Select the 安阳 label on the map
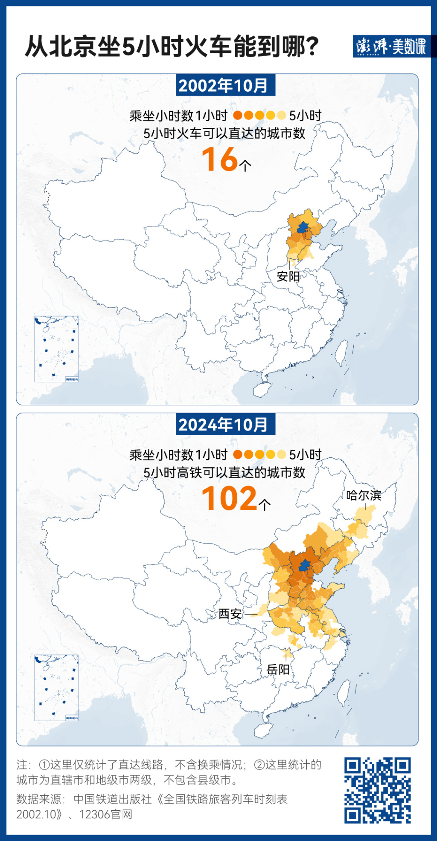(x=288, y=277)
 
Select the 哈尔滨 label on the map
(x=364, y=495)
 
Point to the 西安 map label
(x=230, y=614)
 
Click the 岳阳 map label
(x=278, y=670)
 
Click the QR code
(x=377, y=790)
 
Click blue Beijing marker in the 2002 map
(x=302, y=228)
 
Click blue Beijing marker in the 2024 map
(x=304, y=566)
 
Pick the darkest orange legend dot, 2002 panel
(x=238, y=115)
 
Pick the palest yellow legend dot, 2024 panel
(x=281, y=454)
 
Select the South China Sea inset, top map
(x=56, y=349)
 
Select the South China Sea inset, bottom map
(x=56, y=688)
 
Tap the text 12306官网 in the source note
(x=106, y=815)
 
